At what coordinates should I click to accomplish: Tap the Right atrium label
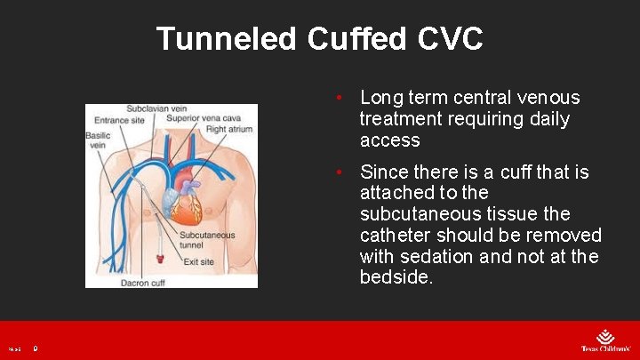coord(229,130)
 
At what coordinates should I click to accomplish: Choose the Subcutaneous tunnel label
coord(206,241)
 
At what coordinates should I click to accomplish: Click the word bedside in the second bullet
coord(395,278)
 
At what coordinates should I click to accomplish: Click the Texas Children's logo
coord(604,341)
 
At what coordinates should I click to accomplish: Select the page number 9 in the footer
coord(36,349)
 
